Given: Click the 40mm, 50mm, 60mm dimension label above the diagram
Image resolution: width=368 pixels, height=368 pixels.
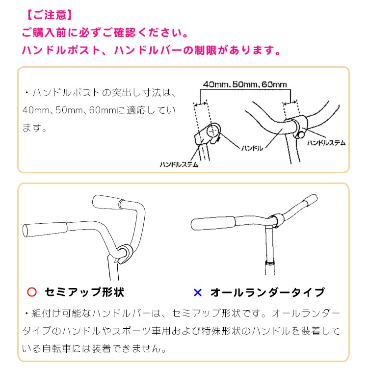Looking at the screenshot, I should tap(244, 84).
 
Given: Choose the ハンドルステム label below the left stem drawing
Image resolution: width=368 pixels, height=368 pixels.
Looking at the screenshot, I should tap(179, 164).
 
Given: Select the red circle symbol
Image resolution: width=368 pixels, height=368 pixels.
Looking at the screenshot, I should tap(31, 292).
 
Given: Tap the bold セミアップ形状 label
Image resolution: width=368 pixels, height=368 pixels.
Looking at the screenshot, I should tap(84, 292).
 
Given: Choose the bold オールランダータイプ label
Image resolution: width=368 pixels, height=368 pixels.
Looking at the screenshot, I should tap(267, 292).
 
